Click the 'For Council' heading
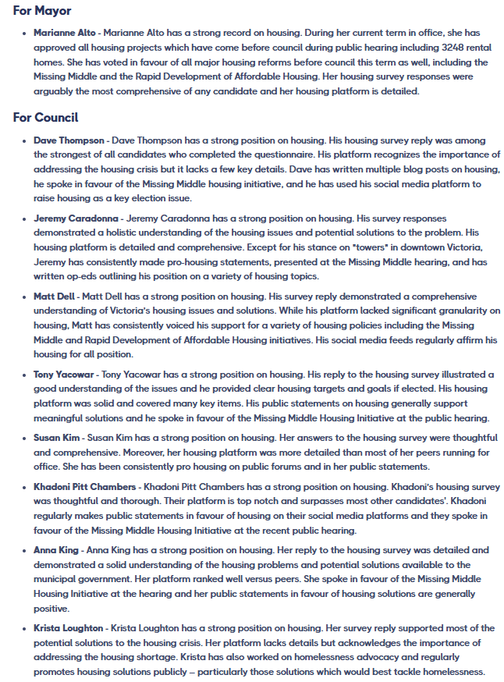click(x=45, y=118)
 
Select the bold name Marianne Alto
click(x=65, y=33)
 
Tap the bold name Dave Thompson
click(x=69, y=140)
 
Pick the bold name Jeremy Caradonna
click(x=76, y=218)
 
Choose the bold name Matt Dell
click(x=54, y=297)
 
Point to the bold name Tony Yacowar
click(x=64, y=375)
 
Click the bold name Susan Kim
click(x=57, y=439)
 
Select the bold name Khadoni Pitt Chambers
click(x=85, y=488)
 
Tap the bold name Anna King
click(x=55, y=550)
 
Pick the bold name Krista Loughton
click(x=68, y=628)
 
